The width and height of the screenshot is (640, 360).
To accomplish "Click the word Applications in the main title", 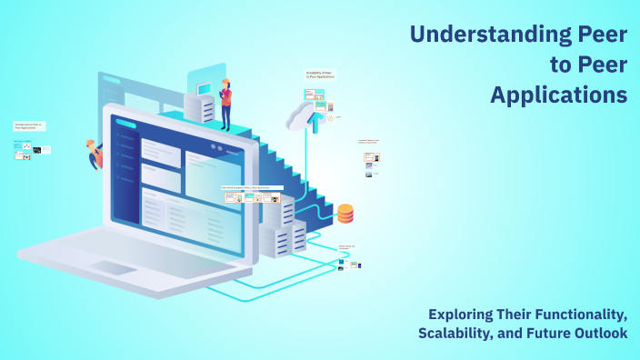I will click(558, 94).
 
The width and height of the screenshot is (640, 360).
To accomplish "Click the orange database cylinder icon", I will click(345, 214).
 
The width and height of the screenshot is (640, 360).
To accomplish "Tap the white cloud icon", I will click(299, 115).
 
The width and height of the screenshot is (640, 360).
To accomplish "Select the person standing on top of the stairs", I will click(225, 103).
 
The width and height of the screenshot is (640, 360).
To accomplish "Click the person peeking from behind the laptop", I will click(95, 155).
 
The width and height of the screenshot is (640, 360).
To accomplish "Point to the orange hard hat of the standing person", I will click(225, 80).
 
